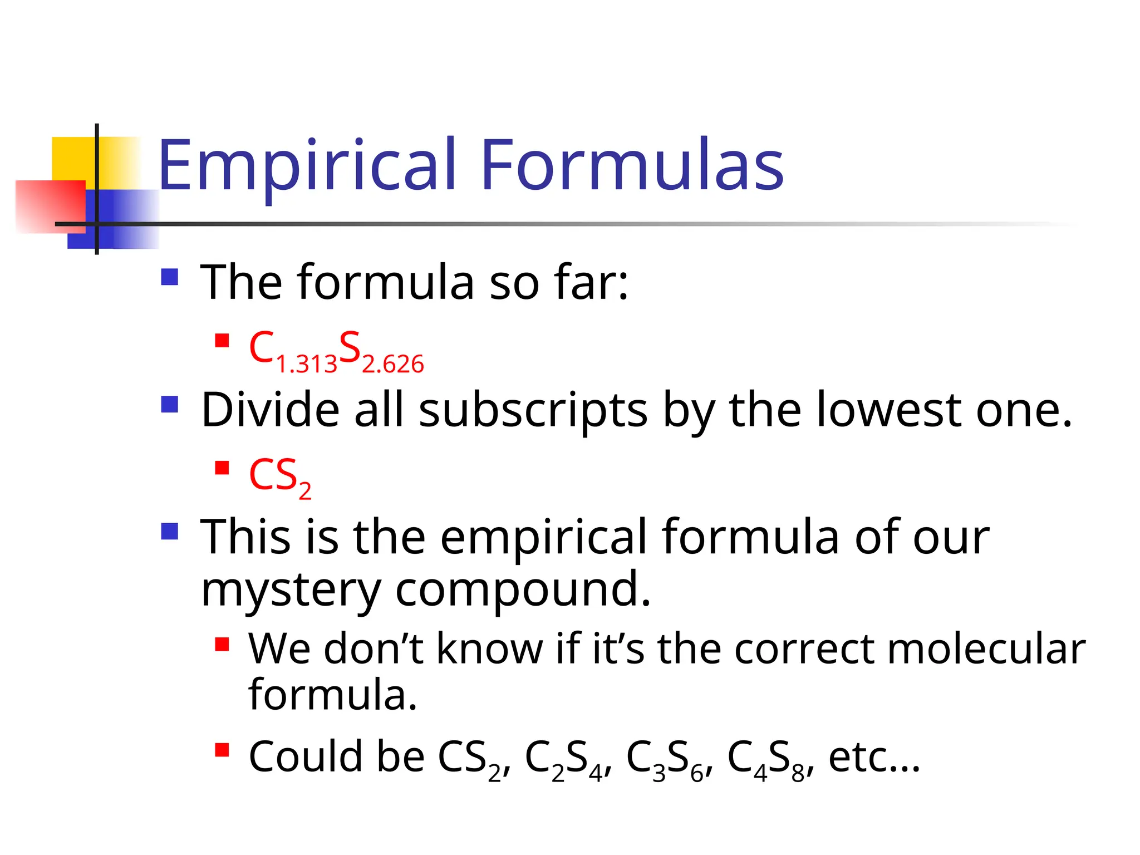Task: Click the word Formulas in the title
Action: click(632, 165)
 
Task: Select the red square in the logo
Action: click(50, 206)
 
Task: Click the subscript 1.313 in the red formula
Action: click(307, 365)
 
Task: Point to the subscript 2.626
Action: click(393, 365)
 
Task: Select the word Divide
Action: click(271, 410)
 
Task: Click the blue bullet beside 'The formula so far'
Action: click(169, 277)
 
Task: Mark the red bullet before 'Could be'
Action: click(222, 750)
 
